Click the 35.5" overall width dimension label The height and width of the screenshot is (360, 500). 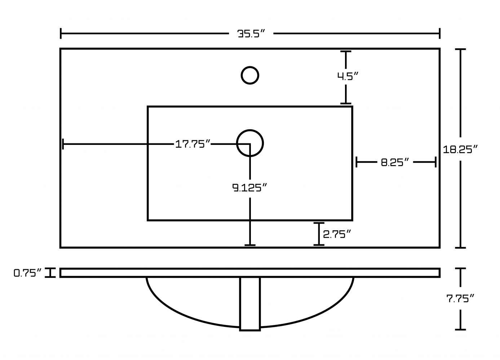pos(251,34)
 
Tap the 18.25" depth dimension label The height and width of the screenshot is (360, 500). pos(460,149)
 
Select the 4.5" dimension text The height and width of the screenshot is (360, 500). pos(348,76)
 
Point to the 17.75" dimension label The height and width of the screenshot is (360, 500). pos(193,144)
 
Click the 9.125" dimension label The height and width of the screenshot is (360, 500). pos(249,188)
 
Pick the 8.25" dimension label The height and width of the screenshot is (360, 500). pos(395,162)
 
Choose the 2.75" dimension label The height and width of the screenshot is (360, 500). pos(337,234)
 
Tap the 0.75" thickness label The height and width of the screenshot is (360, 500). pos(28,273)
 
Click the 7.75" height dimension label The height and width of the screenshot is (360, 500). pos(460,298)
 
